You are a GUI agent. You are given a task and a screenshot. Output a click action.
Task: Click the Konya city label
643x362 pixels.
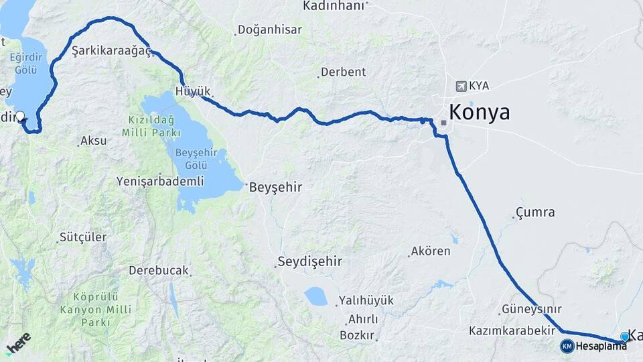coord(479,112)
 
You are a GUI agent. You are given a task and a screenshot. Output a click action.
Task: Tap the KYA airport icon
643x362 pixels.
coord(461,86)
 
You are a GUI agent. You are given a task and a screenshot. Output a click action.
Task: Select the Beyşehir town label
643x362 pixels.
coord(275,188)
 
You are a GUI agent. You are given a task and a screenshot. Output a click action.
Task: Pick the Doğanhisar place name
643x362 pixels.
coord(271,30)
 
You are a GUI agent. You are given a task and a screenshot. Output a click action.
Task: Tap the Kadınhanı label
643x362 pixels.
coord(334,5)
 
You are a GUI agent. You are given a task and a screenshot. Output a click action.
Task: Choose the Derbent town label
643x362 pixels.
coord(343,72)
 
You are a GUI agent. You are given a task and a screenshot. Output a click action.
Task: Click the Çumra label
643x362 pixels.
coord(534,213)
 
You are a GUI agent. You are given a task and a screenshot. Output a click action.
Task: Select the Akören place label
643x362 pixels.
coord(430,252)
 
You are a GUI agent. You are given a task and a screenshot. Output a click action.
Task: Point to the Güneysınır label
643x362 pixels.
coord(530,310)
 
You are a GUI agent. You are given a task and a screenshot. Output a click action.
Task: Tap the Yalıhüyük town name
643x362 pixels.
coord(366,300)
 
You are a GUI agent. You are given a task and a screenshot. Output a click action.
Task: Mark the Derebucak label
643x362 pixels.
coord(159,271)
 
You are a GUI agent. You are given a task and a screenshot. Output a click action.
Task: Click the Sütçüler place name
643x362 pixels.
coord(83,237)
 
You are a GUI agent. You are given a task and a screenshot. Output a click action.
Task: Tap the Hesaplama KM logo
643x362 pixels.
coord(567,346)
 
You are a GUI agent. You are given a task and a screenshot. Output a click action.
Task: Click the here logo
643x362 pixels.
coord(18,343)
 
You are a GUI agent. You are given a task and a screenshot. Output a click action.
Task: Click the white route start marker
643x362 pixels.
coord(20,116)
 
